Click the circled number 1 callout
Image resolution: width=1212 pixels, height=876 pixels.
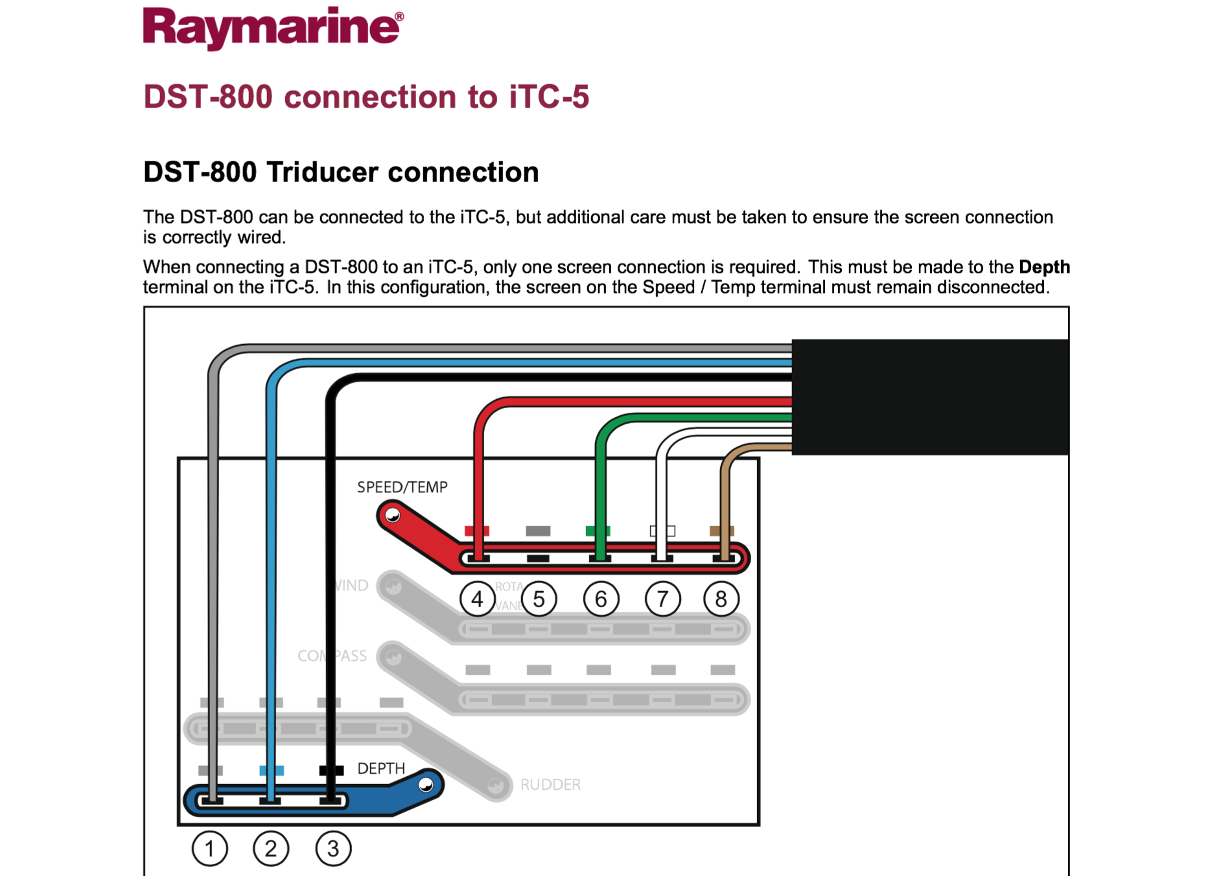pos(210,848)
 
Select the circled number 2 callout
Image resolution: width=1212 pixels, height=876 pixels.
pos(271,848)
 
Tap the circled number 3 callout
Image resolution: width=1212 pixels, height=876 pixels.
pos(333,848)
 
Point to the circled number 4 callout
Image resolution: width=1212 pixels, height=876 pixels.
pos(478,599)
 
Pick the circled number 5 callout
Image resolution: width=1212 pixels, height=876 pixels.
pos(539,599)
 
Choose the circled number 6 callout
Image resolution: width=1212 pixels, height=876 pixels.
pos(601,599)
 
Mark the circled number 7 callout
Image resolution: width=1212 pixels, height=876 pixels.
pos(662,599)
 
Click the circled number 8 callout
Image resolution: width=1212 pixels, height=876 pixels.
pos(721,599)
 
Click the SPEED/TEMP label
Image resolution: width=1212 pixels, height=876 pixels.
pos(402,487)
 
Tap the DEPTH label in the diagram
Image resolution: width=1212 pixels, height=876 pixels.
pos(381,768)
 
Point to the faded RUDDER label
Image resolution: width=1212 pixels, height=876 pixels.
pos(550,785)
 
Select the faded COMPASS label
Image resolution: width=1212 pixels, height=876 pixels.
pos(332,656)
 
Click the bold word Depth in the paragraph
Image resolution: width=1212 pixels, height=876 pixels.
pos(1044,267)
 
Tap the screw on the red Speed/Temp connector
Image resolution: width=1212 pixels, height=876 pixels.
pos(393,516)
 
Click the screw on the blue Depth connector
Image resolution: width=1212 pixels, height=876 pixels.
pos(426,785)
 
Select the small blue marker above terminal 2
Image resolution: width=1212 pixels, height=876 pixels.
pos(272,770)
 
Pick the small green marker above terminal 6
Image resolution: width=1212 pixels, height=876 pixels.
pos(598,531)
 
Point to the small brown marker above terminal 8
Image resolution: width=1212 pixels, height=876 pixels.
pos(721,531)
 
